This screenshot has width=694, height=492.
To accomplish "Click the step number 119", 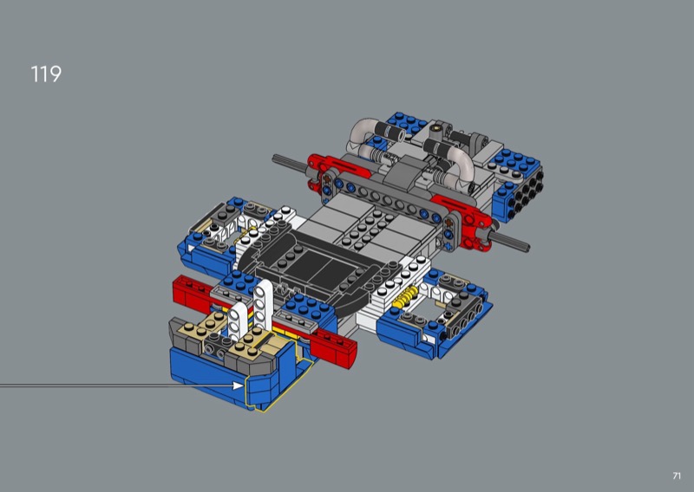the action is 46,74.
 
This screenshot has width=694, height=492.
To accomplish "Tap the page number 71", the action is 677,476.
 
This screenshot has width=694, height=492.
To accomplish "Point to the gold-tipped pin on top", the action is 437,128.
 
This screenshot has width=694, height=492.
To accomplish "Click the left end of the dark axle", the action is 274,158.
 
